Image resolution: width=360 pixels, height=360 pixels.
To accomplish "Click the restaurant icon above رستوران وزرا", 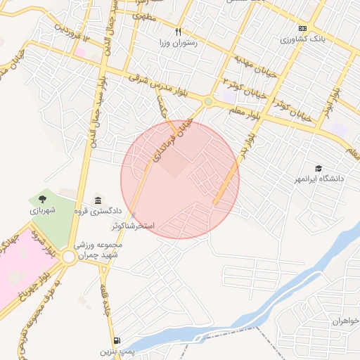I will click(x=178, y=32).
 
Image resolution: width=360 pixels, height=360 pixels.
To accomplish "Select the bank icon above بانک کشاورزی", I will click(x=302, y=29).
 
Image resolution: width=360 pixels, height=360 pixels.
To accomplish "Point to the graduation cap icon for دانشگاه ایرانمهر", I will click(x=319, y=169).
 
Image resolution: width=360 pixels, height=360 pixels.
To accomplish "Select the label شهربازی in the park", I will click(x=41, y=210).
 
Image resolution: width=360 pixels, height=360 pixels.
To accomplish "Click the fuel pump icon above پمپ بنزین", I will click(x=115, y=339).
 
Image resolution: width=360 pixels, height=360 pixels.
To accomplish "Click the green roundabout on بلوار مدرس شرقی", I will click(x=208, y=103).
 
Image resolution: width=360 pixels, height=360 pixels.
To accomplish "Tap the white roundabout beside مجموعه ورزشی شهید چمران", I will click(x=69, y=257).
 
